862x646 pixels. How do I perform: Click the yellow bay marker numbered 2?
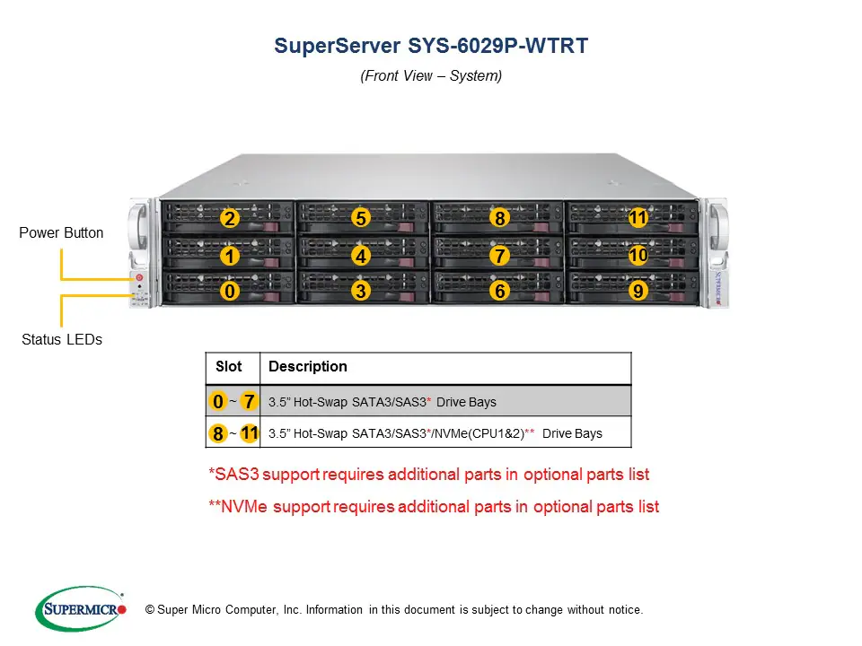pyautogui.click(x=230, y=218)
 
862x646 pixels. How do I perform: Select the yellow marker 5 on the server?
pyautogui.click(x=360, y=218)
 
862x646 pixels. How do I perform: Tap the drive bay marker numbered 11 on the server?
pyautogui.click(x=638, y=218)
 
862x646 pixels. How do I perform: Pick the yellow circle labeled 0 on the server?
pyautogui.click(x=230, y=291)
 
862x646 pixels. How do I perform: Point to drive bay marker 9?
pyautogui.click(x=638, y=291)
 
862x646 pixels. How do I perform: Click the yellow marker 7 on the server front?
pyautogui.click(x=500, y=256)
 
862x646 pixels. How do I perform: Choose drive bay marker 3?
pyautogui.click(x=360, y=291)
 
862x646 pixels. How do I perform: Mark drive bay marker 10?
pyautogui.click(x=638, y=256)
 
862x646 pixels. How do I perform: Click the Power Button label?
pyautogui.click(x=61, y=233)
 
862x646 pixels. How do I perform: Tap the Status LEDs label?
pyautogui.click(x=61, y=339)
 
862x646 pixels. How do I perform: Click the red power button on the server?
pyautogui.click(x=139, y=277)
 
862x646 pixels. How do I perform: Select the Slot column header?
pyautogui.click(x=229, y=367)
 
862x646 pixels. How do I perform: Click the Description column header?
pyautogui.click(x=307, y=367)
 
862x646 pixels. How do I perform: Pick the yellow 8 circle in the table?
pyautogui.click(x=217, y=434)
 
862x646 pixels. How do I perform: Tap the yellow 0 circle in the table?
pyautogui.click(x=218, y=401)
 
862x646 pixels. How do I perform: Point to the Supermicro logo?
pyautogui.click(x=82, y=609)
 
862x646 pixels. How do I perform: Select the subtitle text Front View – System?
pyautogui.click(x=431, y=76)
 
